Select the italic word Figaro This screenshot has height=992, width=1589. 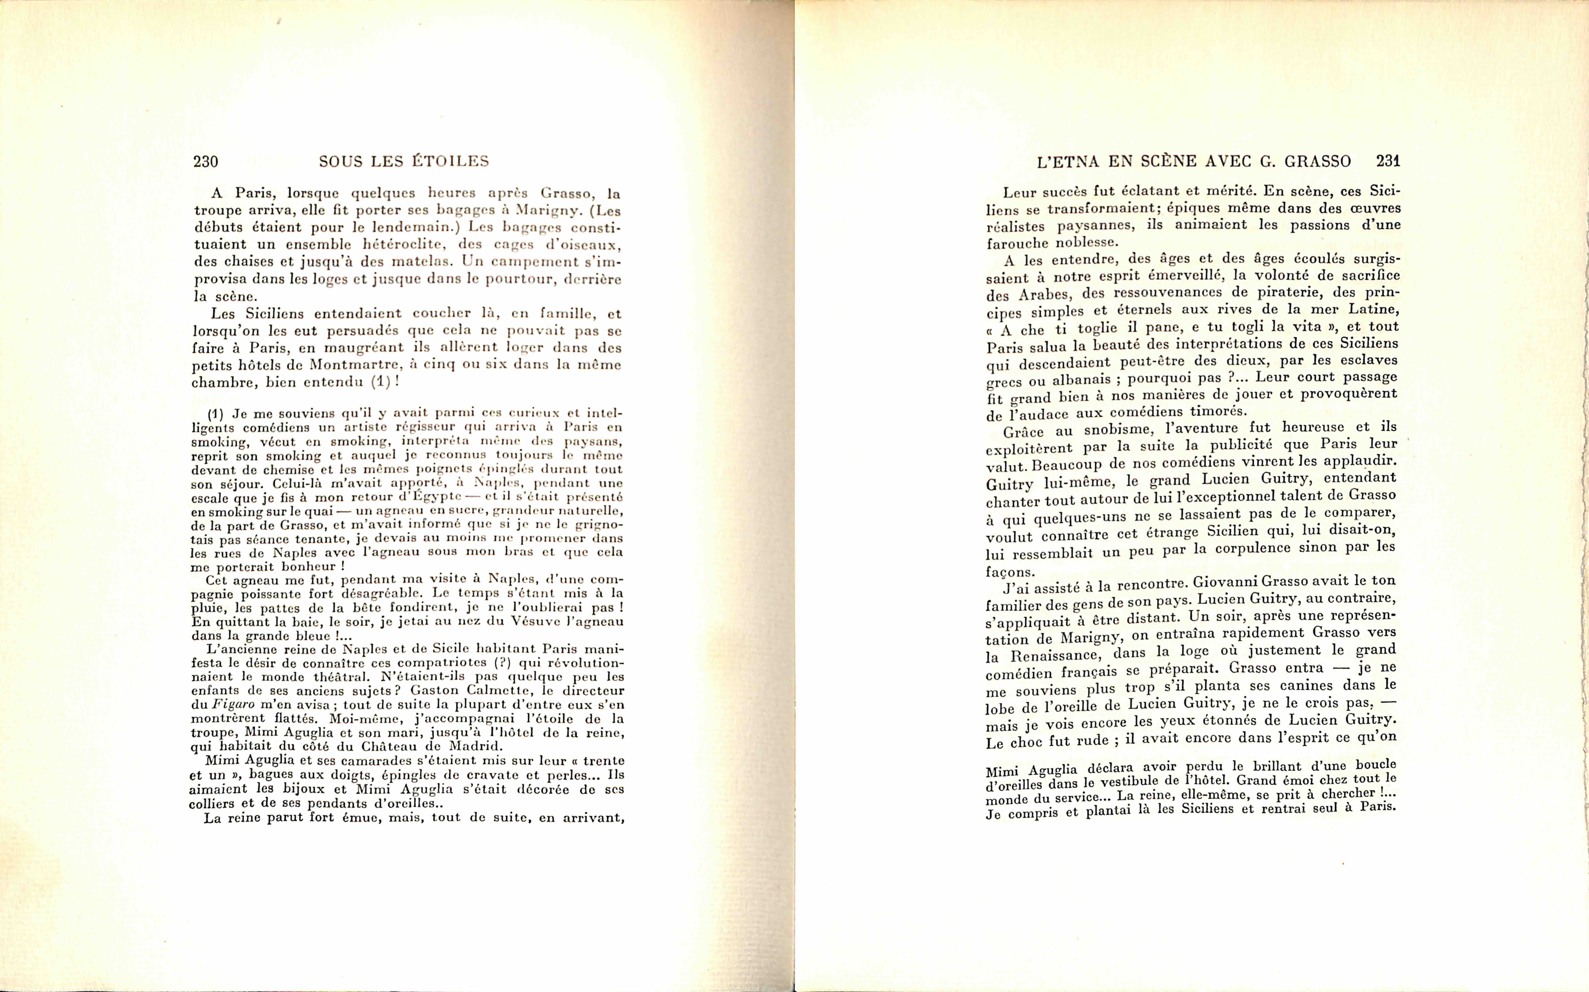coord(232,705)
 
